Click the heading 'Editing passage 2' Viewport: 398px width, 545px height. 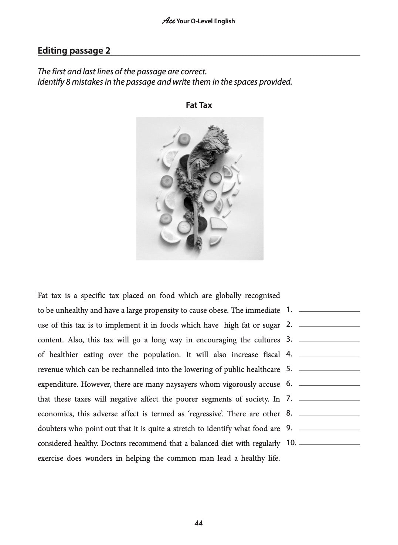point(74,51)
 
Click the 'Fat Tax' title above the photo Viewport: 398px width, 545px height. point(199,105)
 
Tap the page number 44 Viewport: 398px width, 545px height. point(198,523)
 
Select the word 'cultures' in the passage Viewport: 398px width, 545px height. point(267,340)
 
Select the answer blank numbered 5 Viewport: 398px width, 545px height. point(329,370)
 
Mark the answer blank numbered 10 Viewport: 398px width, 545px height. point(329,444)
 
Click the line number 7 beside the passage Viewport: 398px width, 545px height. point(289,399)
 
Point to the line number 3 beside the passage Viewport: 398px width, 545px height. point(289,339)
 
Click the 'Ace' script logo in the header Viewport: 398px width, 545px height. point(169,21)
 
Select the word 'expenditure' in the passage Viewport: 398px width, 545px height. point(58,384)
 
